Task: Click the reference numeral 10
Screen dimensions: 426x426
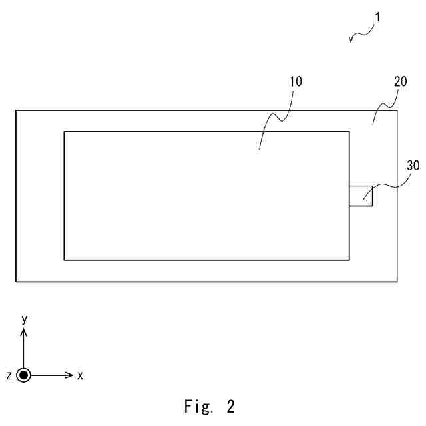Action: (296, 83)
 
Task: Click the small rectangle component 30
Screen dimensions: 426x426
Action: (361, 196)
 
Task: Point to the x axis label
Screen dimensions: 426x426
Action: (80, 376)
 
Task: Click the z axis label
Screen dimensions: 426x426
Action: (9, 376)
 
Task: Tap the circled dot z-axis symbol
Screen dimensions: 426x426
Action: (25, 375)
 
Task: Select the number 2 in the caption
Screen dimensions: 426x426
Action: (230, 407)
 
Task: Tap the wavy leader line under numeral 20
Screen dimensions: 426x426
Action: (383, 106)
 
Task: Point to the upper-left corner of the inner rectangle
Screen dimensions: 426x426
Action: (64, 132)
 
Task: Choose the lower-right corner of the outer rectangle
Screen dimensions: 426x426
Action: (397, 281)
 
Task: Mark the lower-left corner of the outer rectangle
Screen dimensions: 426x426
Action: (16, 281)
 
